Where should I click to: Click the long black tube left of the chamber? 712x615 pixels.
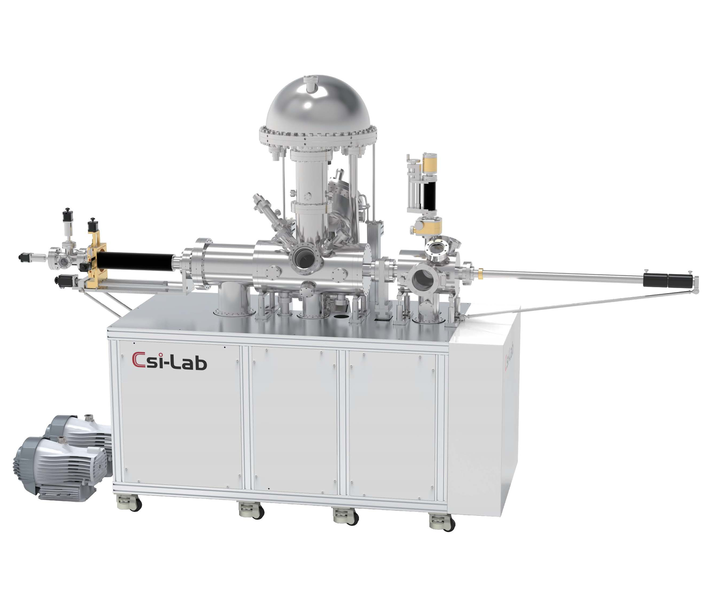[135, 261]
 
